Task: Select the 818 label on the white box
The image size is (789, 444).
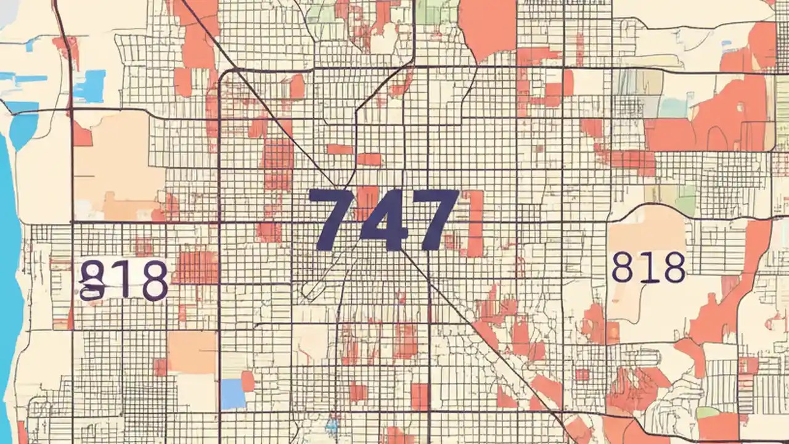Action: tap(124, 279)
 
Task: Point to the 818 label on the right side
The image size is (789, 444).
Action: tap(648, 267)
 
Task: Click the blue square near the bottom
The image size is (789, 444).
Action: tap(233, 393)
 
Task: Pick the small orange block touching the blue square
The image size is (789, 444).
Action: tap(247, 381)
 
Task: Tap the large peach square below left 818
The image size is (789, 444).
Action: tap(192, 352)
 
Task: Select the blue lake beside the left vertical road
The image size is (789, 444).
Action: tap(89, 86)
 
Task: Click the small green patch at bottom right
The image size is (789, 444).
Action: tap(707, 412)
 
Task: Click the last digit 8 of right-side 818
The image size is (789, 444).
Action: tap(673, 267)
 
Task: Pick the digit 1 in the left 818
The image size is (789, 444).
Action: tap(124, 279)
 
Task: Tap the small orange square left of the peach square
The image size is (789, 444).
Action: tap(160, 368)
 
